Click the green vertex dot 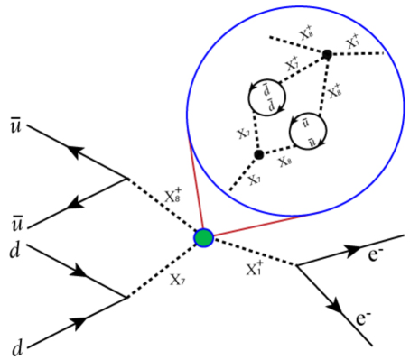click(x=204, y=238)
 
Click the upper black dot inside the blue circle click(x=327, y=55)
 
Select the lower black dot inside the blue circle click(x=258, y=154)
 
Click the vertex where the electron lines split click(x=297, y=264)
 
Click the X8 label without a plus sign click(x=286, y=161)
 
